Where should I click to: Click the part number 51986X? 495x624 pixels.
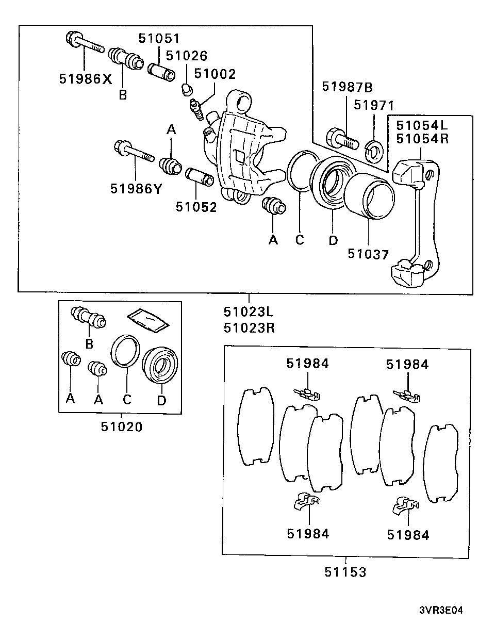pos(86,79)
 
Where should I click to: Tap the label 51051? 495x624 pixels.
pos(159,38)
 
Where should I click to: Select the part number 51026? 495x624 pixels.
pos(187,56)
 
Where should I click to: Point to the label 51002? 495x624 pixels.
pos(215,74)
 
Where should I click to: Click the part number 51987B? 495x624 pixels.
pos(347,87)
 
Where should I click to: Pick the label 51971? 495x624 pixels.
pos(374,105)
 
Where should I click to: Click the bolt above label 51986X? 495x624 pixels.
pos(85,43)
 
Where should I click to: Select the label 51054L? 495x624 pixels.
pos(422,125)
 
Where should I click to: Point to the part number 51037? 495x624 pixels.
pos(368,254)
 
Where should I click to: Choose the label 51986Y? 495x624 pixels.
pos(136,189)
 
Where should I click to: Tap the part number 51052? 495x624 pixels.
pos(196,207)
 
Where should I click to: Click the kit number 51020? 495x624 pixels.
pos(122,426)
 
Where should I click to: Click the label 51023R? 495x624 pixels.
pos(249,328)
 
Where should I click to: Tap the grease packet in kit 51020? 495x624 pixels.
pos(148,320)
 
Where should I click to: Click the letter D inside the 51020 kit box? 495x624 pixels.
pos(161,400)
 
